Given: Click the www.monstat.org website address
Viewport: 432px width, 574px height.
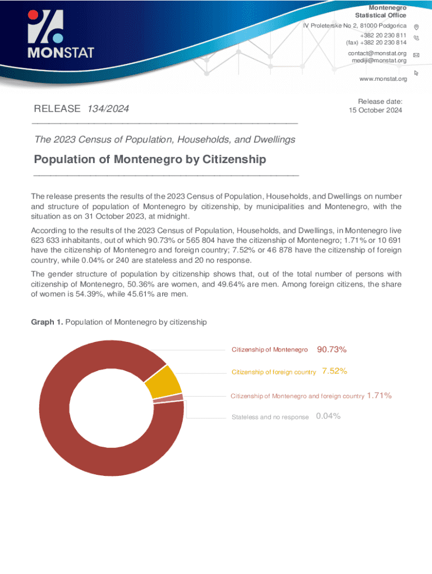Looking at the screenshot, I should point(383,79).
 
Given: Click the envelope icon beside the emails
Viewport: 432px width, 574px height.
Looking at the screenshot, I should point(416,55).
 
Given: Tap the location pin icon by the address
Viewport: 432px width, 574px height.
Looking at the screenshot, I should point(416,27).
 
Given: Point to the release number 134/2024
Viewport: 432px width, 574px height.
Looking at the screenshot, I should point(111,108).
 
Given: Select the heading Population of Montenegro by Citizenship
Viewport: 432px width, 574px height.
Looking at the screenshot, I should point(150,160).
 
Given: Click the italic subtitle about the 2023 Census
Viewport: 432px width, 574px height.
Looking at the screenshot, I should point(164,139).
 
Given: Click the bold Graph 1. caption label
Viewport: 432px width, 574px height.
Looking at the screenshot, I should point(47,322).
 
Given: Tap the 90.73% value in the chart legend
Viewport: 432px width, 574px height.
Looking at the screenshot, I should point(332,350).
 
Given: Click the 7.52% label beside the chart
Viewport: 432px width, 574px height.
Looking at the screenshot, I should point(334,371).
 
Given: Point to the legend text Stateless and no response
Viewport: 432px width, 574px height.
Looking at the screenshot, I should point(270,417).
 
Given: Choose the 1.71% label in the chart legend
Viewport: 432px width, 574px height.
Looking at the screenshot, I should point(379,396).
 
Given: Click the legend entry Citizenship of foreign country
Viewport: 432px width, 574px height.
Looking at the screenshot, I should point(274,372).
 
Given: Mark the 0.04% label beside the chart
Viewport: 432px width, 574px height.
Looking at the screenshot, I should point(328,416).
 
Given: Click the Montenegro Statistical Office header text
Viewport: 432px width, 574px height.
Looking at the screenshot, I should point(380,11).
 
